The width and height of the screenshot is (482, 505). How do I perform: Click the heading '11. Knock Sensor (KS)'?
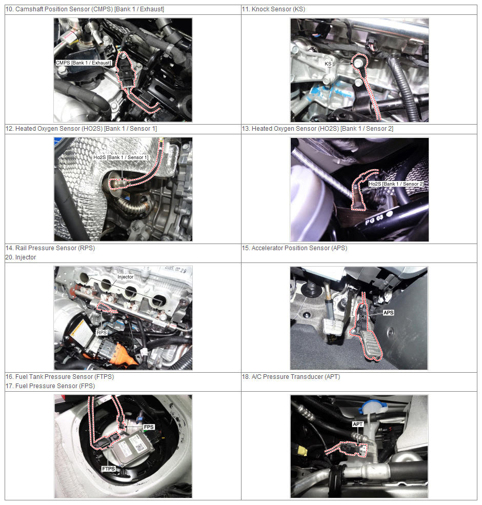(273, 9)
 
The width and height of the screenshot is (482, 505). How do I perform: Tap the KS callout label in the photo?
(328, 64)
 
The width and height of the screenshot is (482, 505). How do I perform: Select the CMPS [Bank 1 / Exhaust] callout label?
(84, 63)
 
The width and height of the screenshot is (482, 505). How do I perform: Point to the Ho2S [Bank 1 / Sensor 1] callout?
(121, 157)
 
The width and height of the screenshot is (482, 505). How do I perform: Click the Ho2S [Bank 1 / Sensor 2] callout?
(396, 184)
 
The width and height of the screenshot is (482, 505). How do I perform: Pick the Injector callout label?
(125, 277)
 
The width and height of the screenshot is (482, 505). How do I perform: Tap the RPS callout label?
(102, 332)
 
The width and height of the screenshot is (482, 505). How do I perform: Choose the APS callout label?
(388, 312)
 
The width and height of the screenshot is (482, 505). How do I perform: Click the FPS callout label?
(149, 427)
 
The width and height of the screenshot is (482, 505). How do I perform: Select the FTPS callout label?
(109, 469)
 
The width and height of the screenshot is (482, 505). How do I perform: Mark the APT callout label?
(357, 424)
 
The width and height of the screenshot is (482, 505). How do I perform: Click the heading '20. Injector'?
(21, 257)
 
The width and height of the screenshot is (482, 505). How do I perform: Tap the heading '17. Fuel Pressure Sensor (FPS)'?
(50, 386)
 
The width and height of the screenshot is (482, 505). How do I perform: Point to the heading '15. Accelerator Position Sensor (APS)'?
(294, 248)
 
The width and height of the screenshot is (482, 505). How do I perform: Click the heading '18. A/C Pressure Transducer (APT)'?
(291, 376)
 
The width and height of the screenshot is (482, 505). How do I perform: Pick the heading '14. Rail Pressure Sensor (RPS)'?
(50, 248)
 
